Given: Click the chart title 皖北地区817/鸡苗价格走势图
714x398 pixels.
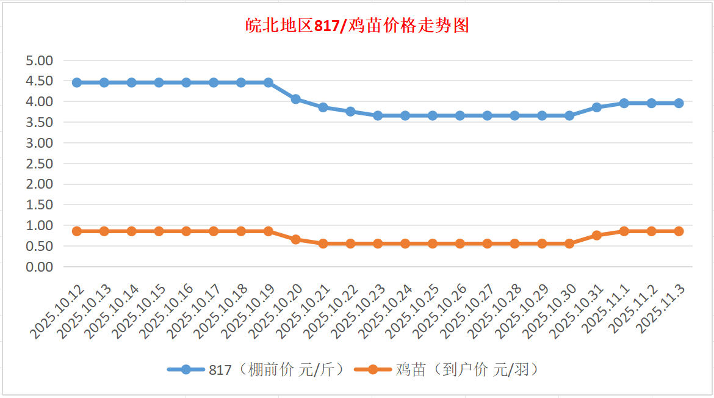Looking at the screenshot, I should pyautogui.click(x=356, y=26).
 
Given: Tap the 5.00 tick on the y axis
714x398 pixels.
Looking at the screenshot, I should pyautogui.click(x=40, y=60).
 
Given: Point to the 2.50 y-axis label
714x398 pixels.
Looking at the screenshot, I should pyautogui.click(x=40, y=164).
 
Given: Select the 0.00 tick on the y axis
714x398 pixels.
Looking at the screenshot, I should pyautogui.click(x=40, y=267).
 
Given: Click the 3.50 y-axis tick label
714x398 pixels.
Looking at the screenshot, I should pyautogui.click(x=40, y=122).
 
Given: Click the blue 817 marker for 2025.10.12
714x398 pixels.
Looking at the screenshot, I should pyautogui.click(x=77, y=82).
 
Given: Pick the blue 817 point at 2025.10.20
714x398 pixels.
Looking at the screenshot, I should pyautogui.click(x=296, y=99).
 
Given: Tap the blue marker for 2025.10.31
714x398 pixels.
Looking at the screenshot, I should pyautogui.click(x=597, y=107).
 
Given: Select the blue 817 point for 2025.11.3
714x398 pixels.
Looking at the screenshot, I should pyautogui.click(x=679, y=103).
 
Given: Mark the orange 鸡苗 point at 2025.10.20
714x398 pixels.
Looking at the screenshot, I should pyautogui.click(x=296, y=239).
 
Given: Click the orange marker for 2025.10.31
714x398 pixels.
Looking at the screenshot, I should pyautogui.click(x=597, y=235).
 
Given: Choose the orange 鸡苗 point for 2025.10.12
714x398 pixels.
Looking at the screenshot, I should pyautogui.click(x=77, y=231).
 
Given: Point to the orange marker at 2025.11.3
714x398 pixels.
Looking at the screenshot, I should pyautogui.click(x=679, y=231).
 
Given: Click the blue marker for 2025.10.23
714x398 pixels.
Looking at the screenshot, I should pyautogui.click(x=378, y=115).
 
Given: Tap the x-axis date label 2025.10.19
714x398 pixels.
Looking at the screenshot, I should pyautogui.click(x=247, y=310).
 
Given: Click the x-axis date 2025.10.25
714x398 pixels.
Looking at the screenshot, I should pyautogui.click(x=411, y=310).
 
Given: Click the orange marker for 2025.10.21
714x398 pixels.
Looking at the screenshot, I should pyautogui.click(x=323, y=244).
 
